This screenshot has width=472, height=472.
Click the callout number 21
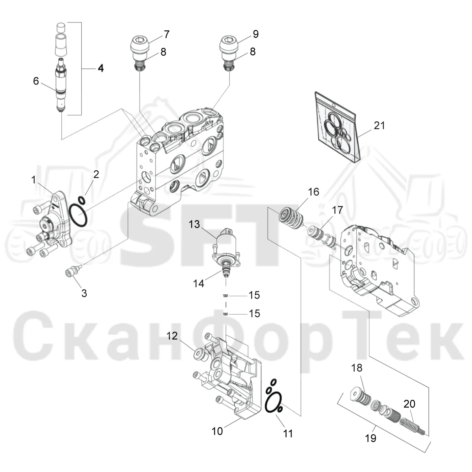pyautogui.click(x=379, y=125)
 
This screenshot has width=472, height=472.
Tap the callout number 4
pyautogui.click(x=101, y=68)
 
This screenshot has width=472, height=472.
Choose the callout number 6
pyautogui.click(x=36, y=81)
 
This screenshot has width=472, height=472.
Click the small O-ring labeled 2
pyautogui.click(x=82, y=200)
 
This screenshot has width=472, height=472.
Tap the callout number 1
pyautogui.click(x=34, y=180)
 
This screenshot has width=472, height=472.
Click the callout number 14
pyautogui.click(x=198, y=284)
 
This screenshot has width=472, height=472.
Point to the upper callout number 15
pyautogui.click(x=254, y=295)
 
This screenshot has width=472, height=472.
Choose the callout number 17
pyautogui.click(x=337, y=210)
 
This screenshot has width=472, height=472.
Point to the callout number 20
pyautogui.click(x=409, y=404)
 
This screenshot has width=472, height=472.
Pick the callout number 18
pyautogui.click(x=357, y=368)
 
